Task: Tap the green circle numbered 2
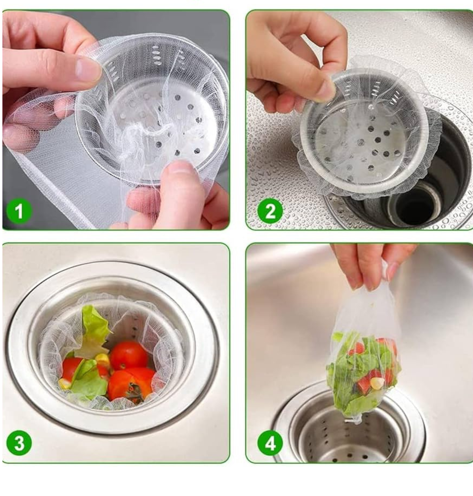click(x=270, y=211)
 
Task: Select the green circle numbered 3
click(x=19, y=443)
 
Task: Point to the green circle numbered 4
click(x=270, y=443)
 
